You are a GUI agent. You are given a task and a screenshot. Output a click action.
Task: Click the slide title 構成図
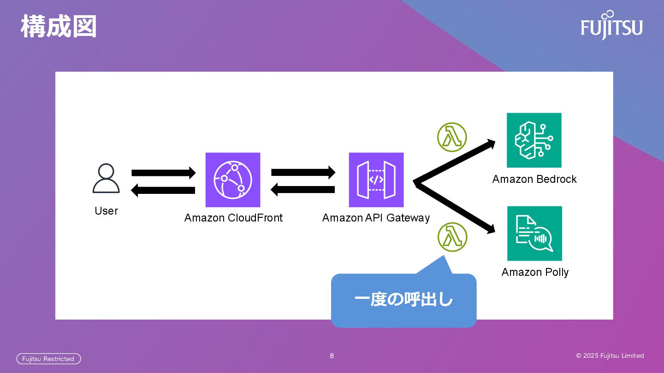(x=59, y=27)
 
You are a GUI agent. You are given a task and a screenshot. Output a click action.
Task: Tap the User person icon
(x=106, y=179)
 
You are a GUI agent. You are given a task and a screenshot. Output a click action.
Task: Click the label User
(x=106, y=211)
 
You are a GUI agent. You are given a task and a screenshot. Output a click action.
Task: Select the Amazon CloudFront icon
(x=233, y=180)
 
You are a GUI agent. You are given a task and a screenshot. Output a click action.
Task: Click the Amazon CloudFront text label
(x=233, y=218)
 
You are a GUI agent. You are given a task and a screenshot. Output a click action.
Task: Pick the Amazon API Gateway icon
(x=376, y=180)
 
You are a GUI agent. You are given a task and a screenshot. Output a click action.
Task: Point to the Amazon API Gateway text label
(x=376, y=218)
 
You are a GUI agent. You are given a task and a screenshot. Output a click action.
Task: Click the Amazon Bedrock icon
(x=534, y=140)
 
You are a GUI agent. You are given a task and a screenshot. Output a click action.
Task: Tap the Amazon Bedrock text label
(x=534, y=179)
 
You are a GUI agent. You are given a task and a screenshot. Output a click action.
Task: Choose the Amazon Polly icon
(x=534, y=233)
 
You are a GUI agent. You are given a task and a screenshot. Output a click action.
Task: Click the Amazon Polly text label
(x=535, y=272)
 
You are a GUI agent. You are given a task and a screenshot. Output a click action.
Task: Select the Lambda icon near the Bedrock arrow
(x=452, y=137)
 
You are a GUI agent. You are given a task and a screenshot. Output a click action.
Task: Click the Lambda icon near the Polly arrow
(x=452, y=237)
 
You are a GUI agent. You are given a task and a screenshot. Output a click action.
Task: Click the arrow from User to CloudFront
(x=164, y=173)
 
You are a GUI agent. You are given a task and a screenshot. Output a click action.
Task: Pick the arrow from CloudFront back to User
(x=163, y=190)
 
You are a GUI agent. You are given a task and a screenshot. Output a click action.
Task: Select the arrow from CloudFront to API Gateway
(x=303, y=173)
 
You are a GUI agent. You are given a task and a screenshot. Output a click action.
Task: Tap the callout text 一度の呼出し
(x=403, y=300)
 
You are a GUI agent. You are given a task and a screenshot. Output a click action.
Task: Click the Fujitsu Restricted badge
(x=48, y=359)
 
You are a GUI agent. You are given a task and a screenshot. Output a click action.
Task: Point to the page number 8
(x=332, y=356)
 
